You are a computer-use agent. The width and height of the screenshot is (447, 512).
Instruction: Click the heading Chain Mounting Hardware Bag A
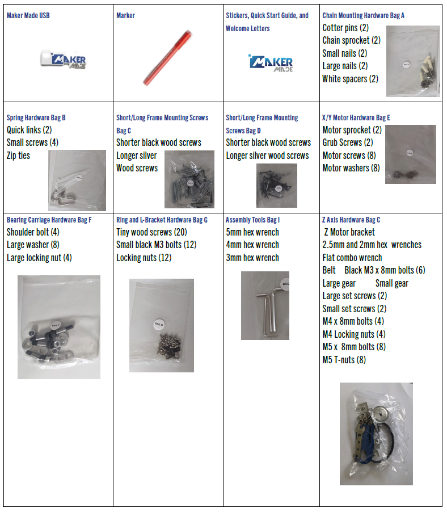[x=363, y=15]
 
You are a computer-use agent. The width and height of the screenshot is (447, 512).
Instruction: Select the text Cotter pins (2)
[x=345, y=28]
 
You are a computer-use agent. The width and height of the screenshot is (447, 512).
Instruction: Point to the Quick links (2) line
[x=29, y=130]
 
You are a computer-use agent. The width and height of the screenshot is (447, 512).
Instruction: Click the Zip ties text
[x=19, y=156]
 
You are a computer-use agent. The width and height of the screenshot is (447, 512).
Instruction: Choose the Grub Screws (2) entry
[x=348, y=142]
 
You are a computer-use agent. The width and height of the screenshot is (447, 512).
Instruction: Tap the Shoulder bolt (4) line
[x=33, y=232]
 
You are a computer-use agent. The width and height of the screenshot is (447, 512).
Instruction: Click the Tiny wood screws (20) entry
[x=151, y=232]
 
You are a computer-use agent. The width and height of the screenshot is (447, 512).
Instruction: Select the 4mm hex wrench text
[x=252, y=245]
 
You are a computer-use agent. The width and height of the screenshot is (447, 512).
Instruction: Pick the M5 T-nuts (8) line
[x=344, y=360]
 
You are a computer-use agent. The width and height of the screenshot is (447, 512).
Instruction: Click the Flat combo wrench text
[x=352, y=258]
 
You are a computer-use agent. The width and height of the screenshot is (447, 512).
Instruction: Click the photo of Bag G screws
[x=162, y=325]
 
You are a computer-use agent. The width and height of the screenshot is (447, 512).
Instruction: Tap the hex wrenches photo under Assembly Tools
[x=265, y=305]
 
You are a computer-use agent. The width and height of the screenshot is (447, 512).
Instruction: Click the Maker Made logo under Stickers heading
[x=270, y=63]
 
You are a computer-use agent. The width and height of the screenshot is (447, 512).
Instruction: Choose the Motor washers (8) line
[x=351, y=168]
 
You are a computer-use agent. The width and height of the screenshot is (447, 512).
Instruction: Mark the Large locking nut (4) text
[x=39, y=258]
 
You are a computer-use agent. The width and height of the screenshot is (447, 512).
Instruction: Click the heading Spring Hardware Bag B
[x=36, y=117]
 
